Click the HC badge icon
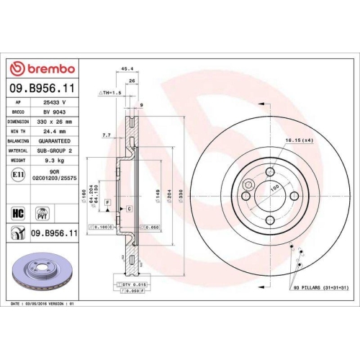point(19,212)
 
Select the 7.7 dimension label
point(107,135)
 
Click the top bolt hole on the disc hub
point(269,172)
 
